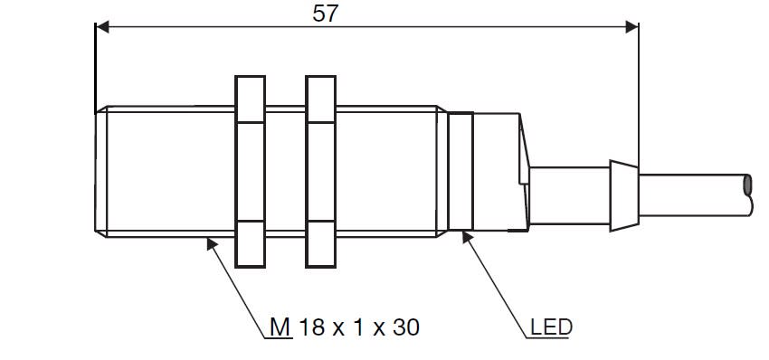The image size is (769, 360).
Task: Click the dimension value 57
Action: click(x=326, y=14)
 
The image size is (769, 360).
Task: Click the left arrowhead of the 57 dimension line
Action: click(x=102, y=27)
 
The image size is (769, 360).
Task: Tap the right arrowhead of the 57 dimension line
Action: click(x=631, y=27)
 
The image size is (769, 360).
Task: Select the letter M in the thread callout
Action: click(x=280, y=327)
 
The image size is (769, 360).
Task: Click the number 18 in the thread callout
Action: click(x=311, y=327)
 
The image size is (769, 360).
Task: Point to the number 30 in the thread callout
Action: click(x=405, y=327)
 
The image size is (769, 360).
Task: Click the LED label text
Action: click(x=551, y=327)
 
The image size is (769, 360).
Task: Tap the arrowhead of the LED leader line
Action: click(x=468, y=237)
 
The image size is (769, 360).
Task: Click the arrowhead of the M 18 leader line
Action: click(x=212, y=243)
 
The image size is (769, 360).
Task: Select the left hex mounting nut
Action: click(x=250, y=172)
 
